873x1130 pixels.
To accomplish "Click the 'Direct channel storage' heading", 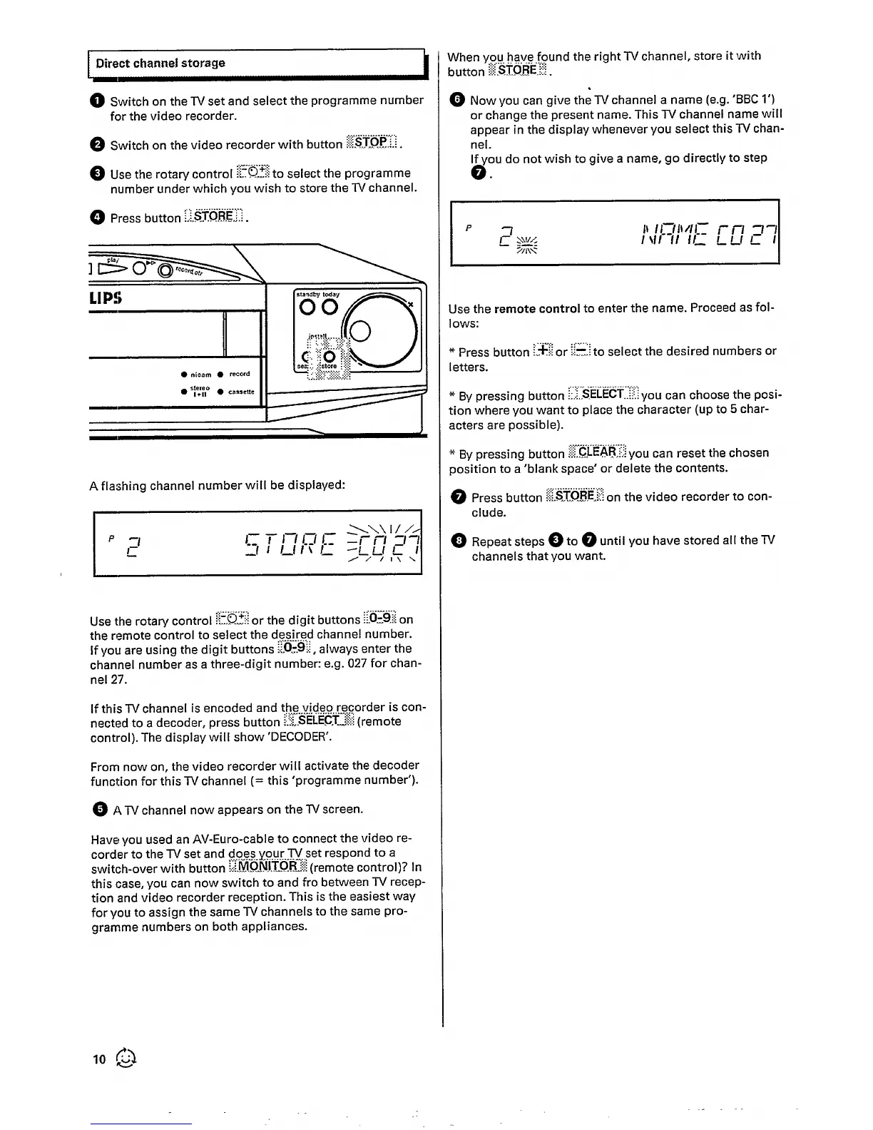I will click(160, 63).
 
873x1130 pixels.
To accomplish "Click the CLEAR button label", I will click(598, 452).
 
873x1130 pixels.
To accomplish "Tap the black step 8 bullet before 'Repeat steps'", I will click(457, 541).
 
